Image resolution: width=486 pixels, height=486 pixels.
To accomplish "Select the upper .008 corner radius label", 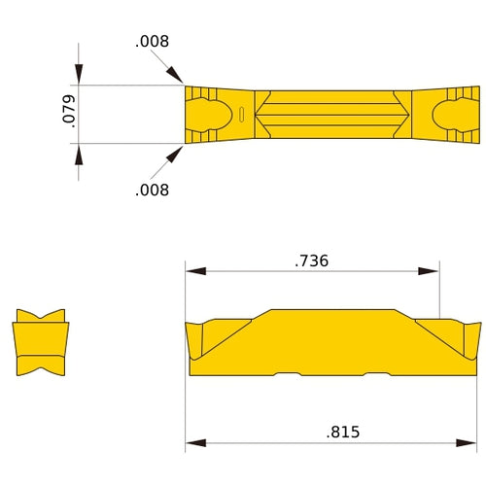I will point(152,42).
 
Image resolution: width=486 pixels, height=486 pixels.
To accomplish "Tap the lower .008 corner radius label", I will point(152,190).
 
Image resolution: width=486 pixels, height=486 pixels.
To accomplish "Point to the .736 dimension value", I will point(311,260).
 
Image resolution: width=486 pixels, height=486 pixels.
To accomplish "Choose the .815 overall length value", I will point(343,432).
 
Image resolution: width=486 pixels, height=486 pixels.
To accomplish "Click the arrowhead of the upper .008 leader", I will point(176,76).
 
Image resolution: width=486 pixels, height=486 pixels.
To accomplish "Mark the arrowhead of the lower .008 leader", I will point(176,154).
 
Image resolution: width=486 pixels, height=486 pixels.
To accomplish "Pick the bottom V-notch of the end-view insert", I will point(41,369).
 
